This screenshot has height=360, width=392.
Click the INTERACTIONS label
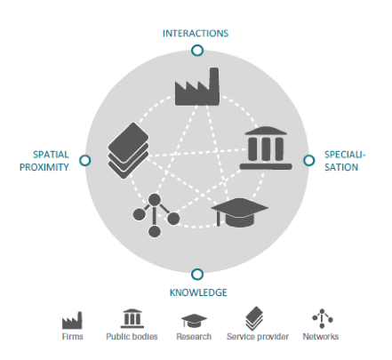tap(196, 33)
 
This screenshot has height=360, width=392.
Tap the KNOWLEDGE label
tap(198, 292)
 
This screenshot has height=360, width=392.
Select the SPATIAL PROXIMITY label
tap(44, 161)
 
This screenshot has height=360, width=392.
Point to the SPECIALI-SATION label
tap(345, 161)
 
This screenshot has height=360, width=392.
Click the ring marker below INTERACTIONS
tap(197, 45)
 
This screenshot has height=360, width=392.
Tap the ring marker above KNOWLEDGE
tap(197, 269)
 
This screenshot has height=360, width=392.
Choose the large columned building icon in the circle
tap(266, 148)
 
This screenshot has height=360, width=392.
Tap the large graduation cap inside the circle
tap(239, 212)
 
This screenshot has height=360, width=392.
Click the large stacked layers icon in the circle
tap(128, 150)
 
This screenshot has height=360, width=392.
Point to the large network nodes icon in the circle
tap(155, 215)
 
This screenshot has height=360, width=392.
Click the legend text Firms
tap(72, 337)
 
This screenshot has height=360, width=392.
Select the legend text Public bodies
tap(132, 337)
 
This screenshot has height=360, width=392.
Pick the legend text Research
tap(194, 337)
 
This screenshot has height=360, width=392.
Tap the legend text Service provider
tap(258, 337)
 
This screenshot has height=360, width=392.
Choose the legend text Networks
tap(321, 337)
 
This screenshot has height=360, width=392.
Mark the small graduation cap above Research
tap(194, 321)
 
